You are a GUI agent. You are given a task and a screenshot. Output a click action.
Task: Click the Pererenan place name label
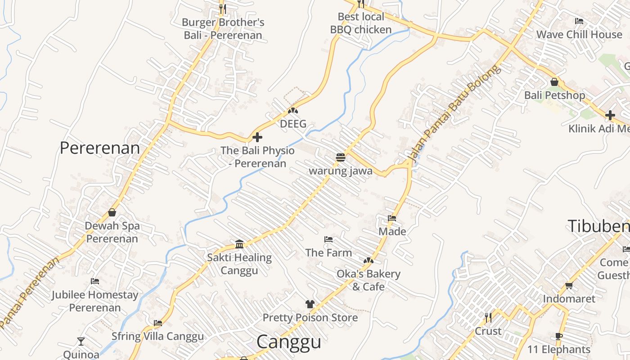tap(99, 148)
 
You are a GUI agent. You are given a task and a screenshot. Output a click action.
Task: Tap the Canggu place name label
tap(288, 342)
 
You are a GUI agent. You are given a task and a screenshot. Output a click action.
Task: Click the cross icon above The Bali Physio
tap(257, 137)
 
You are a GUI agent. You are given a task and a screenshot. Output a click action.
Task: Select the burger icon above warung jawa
tap(341, 157)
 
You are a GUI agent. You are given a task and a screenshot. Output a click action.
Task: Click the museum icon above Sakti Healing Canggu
tap(239, 244)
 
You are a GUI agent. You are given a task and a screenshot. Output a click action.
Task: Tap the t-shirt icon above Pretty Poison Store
tap(310, 304)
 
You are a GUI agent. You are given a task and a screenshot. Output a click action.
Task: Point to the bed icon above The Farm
tap(328, 239)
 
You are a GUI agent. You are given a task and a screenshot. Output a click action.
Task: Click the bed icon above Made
tap(392, 218)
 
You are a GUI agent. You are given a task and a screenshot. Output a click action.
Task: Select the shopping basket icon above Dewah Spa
tap(112, 212)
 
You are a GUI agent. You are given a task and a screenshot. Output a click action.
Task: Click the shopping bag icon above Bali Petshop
tap(554, 82)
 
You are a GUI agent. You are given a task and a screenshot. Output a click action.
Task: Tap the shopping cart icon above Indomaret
tap(569, 286)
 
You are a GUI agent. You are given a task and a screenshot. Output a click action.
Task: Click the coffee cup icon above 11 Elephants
tap(558, 336)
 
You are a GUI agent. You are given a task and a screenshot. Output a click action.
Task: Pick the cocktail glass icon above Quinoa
tap(81, 342)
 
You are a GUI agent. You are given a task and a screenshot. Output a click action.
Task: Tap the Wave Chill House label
tap(579, 35)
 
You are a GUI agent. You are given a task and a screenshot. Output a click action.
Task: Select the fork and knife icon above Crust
tap(488, 318)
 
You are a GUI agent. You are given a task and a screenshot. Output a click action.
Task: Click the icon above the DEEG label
tap(293, 110)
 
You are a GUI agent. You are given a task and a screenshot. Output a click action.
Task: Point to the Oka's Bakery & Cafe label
tap(368, 280)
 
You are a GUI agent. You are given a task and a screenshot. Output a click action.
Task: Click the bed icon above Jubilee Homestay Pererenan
tap(95, 282)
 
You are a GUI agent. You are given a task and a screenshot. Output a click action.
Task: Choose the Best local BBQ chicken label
tap(361, 23)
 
